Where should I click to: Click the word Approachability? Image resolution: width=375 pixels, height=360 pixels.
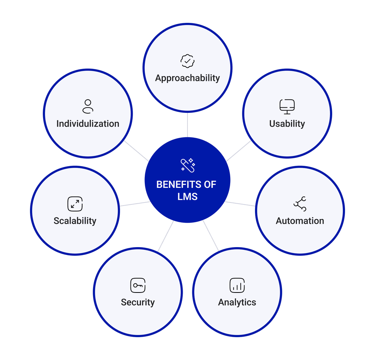click(x=187, y=78)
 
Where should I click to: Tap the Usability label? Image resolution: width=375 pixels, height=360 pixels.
click(x=287, y=124)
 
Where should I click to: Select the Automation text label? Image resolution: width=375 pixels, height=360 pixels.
click(x=300, y=221)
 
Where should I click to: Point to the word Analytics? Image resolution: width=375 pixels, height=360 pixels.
click(x=237, y=302)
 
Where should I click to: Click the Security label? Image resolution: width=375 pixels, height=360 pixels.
click(x=138, y=302)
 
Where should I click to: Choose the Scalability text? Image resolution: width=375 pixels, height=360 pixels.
click(x=75, y=221)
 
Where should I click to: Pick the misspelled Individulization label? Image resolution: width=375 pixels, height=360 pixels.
click(x=88, y=124)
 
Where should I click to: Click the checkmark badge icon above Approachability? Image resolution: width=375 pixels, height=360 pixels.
click(x=187, y=61)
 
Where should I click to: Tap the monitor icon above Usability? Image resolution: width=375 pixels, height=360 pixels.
click(x=287, y=106)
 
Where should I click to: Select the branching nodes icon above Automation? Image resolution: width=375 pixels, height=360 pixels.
click(x=300, y=204)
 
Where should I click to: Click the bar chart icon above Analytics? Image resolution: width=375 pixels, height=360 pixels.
click(x=237, y=285)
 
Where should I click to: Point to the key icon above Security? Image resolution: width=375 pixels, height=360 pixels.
click(x=138, y=285)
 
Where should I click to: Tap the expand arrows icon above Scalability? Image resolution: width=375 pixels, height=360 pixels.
click(x=75, y=204)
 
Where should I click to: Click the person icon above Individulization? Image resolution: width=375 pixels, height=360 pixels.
click(x=88, y=106)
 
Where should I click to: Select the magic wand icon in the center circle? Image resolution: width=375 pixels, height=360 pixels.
click(x=187, y=165)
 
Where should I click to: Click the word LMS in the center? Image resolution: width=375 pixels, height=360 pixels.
click(x=187, y=196)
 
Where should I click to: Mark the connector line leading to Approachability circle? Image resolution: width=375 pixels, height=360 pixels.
click(x=187, y=124)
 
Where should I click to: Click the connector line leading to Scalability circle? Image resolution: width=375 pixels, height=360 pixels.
click(x=135, y=204)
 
